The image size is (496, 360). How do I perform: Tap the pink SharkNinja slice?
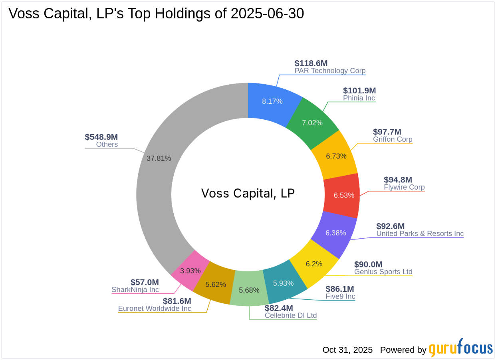pyautogui.click(x=190, y=270)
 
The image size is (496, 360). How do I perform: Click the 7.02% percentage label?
pyautogui.click(x=312, y=123)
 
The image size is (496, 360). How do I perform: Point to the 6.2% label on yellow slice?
pyautogui.click(x=314, y=264)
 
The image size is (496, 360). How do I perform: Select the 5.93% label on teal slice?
pyautogui.click(x=283, y=283)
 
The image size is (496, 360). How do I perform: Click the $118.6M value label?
pyautogui.click(x=311, y=63)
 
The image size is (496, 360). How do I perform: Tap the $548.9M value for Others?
pyautogui.click(x=101, y=137)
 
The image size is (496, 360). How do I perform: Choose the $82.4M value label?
pyautogui.click(x=279, y=308)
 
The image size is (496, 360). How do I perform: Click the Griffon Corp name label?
pyautogui.click(x=393, y=139)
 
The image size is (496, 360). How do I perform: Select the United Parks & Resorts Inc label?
pyautogui.click(x=420, y=233)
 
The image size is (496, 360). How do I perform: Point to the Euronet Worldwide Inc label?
pyautogui.click(x=155, y=309)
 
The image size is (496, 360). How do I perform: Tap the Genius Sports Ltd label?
pyautogui.click(x=383, y=272)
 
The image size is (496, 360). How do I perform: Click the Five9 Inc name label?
pyautogui.click(x=340, y=297)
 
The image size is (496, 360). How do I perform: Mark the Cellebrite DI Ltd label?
pyautogui.click(x=290, y=315)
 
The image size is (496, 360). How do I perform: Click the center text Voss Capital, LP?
pyautogui.click(x=248, y=193)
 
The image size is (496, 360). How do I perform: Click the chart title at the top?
pyautogui.click(x=156, y=14)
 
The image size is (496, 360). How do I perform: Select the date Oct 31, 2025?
pyautogui.click(x=347, y=350)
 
